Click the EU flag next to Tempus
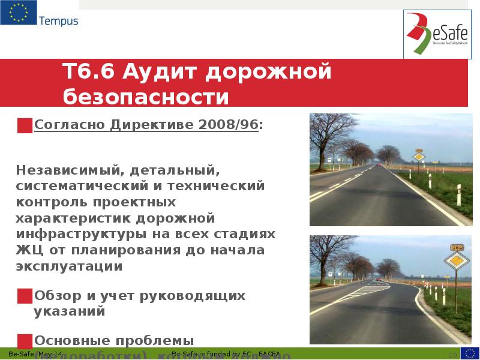[x=17, y=13]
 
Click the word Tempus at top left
[x=59, y=22]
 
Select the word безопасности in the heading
[x=146, y=96]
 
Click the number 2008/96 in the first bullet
[x=230, y=125]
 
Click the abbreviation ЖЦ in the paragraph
[x=28, y=249]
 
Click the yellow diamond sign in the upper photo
[x=419, y=157]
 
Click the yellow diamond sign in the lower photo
[x=457, y=262]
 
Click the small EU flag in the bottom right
[x=470, y=353]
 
